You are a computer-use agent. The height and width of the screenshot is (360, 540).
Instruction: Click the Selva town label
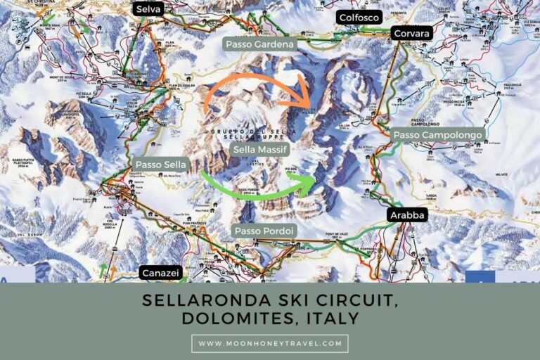[148, 8]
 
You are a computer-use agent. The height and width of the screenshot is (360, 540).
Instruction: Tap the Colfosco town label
[359, 18]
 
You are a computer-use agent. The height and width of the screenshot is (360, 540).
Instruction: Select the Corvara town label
[411, 32]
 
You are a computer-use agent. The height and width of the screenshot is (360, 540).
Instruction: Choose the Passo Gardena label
[260, 44]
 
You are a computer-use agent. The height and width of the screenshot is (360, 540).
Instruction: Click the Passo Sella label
[161, 165]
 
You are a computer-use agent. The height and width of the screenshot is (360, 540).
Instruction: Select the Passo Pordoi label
[264, 231]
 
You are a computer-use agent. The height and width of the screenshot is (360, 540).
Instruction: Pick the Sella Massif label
[260, 149]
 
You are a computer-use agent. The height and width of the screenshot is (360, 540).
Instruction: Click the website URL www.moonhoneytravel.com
[269, 344]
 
